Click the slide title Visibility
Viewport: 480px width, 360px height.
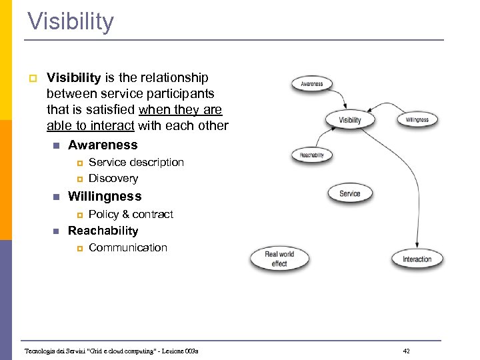71,21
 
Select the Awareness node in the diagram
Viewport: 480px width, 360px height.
311,84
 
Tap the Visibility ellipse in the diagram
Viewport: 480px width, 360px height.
350,120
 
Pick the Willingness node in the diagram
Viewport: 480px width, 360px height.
417,120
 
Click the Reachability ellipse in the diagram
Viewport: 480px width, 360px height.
311,155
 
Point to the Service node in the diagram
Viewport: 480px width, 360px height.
350,193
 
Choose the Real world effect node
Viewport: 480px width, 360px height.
279,259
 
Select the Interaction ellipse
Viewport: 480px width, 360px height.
417,259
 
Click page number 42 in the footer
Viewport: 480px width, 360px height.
406,351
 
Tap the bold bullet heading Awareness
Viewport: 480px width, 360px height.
103,145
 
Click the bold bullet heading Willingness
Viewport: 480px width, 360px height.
105,196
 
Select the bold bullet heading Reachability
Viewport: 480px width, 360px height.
103,231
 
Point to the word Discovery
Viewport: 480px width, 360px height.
113,178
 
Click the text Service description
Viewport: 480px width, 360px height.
136,162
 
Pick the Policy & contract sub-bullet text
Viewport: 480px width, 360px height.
131,214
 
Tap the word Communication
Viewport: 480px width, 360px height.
128,247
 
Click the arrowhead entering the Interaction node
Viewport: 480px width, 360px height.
417,247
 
